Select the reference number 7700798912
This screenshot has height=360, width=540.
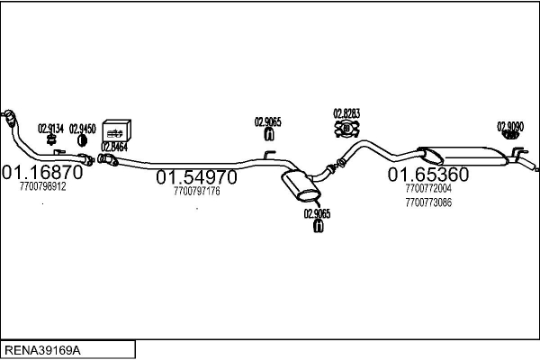coord(42,186)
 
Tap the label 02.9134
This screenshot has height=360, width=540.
coord(50,129)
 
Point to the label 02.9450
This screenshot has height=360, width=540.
coord(82,129)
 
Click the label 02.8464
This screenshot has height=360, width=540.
coord(113,147)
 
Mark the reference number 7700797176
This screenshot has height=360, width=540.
coord(196,191)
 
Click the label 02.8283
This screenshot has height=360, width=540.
coord(346,113)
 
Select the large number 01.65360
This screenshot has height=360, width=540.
coord(428,174)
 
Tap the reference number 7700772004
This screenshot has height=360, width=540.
coord(428,189)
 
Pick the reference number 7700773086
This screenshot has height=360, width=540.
coord(428,202)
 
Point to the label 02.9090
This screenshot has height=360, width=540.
coord(510,127)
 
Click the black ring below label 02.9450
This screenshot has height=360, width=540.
coord(82,141)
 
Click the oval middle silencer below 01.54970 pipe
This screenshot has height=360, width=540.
coord(300,185)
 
